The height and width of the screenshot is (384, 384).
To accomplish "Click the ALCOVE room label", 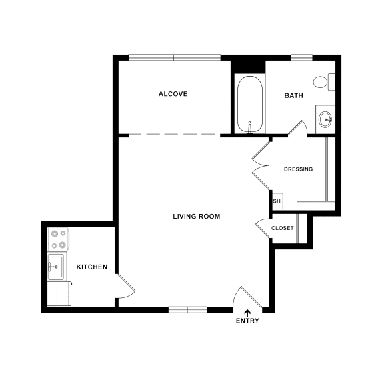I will click(x=173, y=94).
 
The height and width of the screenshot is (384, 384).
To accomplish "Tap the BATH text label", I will click(x=293, y=96).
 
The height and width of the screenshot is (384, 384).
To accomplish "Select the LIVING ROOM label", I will click(x=196, y=217).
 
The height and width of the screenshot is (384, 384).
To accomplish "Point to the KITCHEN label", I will click(x=92, y=267).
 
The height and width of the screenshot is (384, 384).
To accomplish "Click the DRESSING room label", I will click(x=298, y=169).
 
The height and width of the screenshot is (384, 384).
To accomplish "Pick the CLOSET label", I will click(x=283, y=228).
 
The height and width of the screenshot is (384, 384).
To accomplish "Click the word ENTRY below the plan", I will click(x=247, y=321).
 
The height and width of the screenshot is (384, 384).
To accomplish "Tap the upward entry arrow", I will click(x=247, y=311).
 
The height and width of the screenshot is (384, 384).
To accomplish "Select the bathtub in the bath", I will click(x=250, y=105).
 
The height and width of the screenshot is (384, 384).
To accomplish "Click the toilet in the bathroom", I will click(x=324, y=83).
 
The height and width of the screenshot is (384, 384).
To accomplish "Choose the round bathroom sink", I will click(x=325, y=120).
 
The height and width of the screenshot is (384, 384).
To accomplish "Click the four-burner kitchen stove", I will click(x=58, y=239).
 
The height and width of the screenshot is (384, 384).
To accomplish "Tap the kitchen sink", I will click(x=57, y=267).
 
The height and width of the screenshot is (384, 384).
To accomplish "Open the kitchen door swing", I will click(x=126, y=286).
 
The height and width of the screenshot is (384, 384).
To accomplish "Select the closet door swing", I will click(x=262, y=228).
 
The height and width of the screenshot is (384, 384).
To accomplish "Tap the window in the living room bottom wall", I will click(x=187, y=309).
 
